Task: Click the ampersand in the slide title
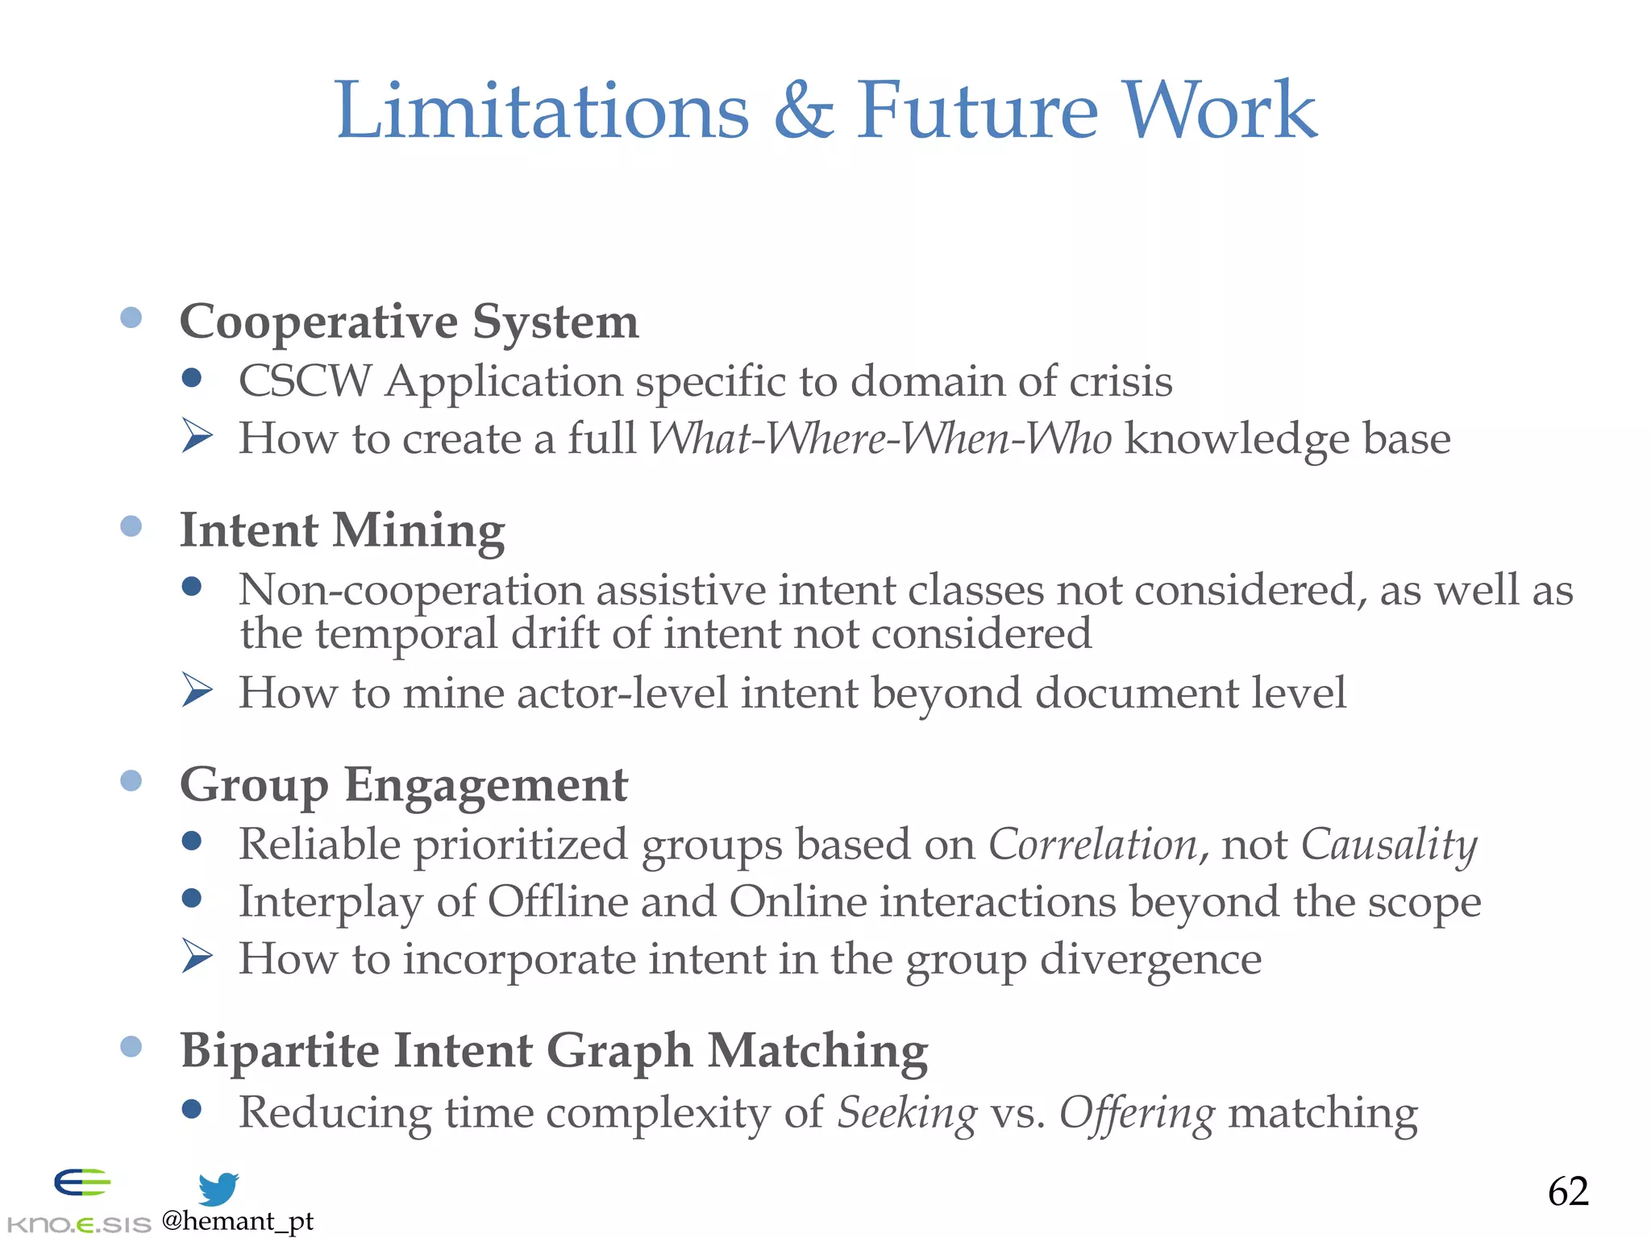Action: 803,110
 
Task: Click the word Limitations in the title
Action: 542,110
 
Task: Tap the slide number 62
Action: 1567,1191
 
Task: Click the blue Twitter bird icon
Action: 218,1189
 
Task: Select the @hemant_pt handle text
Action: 238,1221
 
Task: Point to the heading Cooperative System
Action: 409,322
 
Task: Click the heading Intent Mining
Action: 342,530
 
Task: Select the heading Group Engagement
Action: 403,785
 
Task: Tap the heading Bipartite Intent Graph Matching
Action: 554,1051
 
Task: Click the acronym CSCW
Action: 305,381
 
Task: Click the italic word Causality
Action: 1389,845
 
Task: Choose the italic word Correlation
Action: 1093,845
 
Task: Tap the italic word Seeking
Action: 907,1113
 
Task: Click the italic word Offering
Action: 1136,1113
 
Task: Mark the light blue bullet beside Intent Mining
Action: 131,526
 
